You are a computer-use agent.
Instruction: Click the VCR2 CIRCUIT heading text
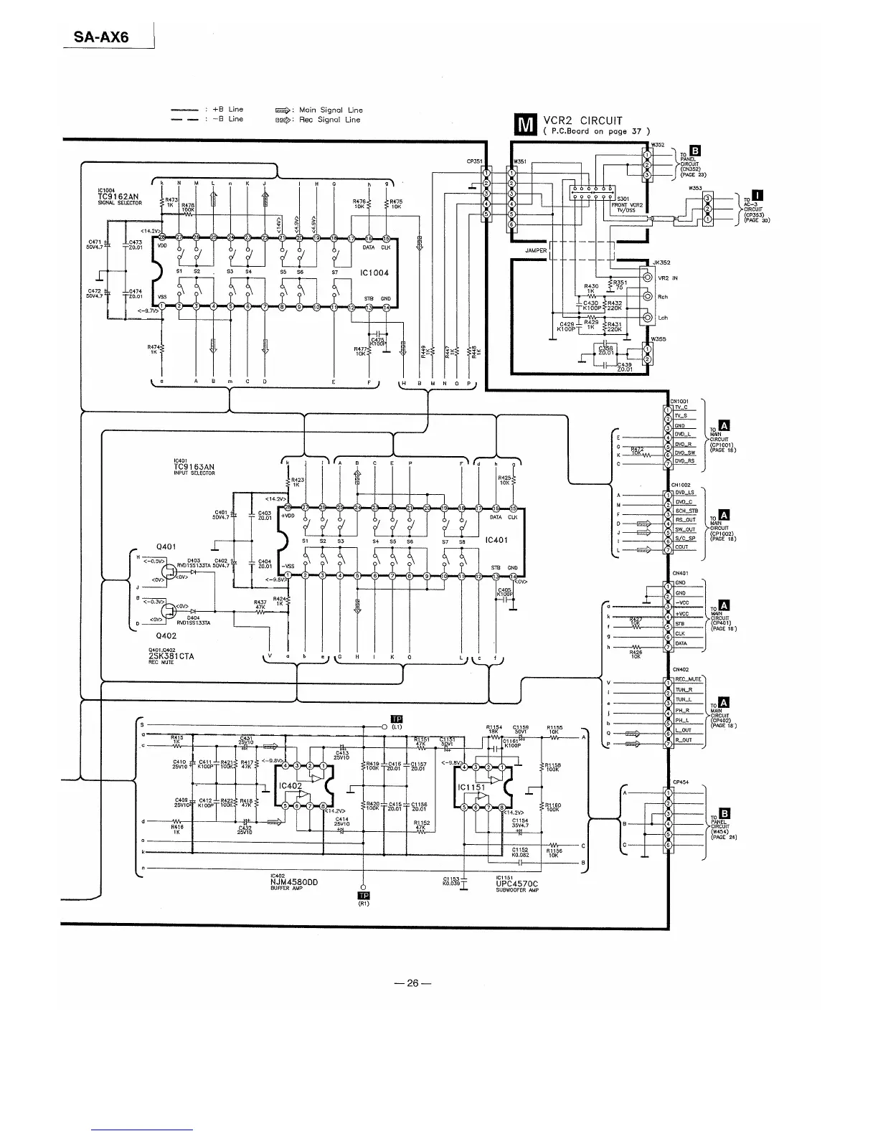coord(582,120)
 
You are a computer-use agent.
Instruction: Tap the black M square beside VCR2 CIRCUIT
coord(526,126)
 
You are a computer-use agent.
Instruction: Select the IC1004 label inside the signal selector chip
coord(374,273)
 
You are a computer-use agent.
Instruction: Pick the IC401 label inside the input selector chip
coord(496,540)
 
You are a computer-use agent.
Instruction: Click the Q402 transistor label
coord(166,635)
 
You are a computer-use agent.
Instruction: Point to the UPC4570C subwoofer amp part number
coord(516,884)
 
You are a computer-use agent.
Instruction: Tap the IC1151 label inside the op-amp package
coord(471,787)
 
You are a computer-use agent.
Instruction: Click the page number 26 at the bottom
coord(412,983)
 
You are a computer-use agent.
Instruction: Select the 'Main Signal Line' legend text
coord(331,110)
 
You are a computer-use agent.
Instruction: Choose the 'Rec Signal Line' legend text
coord(329,120)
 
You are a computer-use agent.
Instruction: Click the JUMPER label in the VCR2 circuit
coord(536,251)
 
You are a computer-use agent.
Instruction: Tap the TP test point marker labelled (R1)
coord(363,896)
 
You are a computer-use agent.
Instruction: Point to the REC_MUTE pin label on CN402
coord(687,679)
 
